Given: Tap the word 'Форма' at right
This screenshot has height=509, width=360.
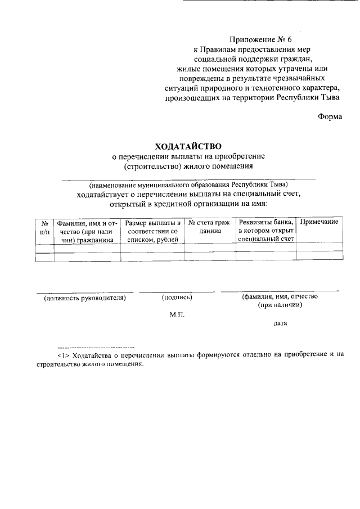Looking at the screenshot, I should coord(330,117).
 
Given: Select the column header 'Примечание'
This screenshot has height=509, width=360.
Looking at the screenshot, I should coord(319,222).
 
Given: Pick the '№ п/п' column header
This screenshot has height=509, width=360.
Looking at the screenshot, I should coord(44,227).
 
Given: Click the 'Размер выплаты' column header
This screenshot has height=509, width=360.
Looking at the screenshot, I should coord(152,231).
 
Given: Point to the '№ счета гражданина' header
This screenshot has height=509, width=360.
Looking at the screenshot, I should coord(210,227).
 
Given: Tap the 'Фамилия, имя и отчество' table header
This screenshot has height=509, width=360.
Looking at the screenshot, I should coord(87,231).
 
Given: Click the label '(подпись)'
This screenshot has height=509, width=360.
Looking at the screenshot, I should coord(177,297).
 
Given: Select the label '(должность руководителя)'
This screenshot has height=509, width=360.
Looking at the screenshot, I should coord(84,298).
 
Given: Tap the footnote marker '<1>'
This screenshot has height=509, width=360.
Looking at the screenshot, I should coord(62,355).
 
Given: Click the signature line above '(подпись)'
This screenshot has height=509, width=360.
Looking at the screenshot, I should coord(177,292).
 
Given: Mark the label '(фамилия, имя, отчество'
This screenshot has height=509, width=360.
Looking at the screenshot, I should coord(280,296).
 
